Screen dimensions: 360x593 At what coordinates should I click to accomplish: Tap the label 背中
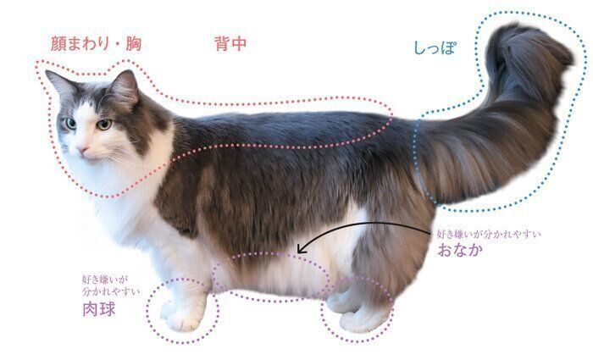(x=230, y=44)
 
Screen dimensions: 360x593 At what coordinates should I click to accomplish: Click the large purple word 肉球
(x=98, y=310)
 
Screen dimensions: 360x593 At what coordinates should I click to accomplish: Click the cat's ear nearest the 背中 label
(x=125, y=86)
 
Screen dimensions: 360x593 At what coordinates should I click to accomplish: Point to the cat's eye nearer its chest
(x=103, y=125)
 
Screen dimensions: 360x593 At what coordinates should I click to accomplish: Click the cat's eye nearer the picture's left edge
(x=70, y=124)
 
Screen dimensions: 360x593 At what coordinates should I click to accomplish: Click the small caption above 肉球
(x=103, y=284)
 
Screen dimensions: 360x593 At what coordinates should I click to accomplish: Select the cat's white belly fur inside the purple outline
(x=271, y=275)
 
